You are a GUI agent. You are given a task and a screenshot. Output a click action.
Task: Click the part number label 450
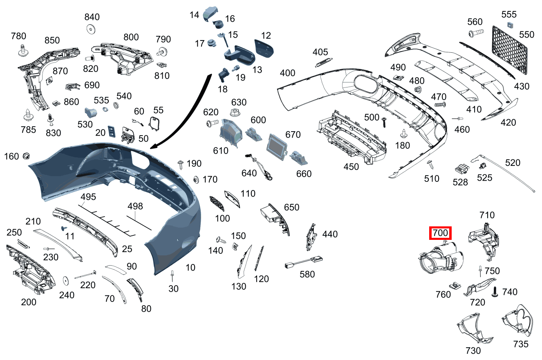tap(351, 167)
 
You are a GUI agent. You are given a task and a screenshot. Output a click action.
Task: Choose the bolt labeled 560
tap(475, 32)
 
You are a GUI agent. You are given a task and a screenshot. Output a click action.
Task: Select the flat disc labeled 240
tap(65, 281)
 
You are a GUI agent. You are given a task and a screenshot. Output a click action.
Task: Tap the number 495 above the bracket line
tap(88, 197)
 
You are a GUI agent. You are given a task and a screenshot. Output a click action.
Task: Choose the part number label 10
tap(190, 268)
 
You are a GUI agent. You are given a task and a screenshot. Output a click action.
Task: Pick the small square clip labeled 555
tap(509, 26)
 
